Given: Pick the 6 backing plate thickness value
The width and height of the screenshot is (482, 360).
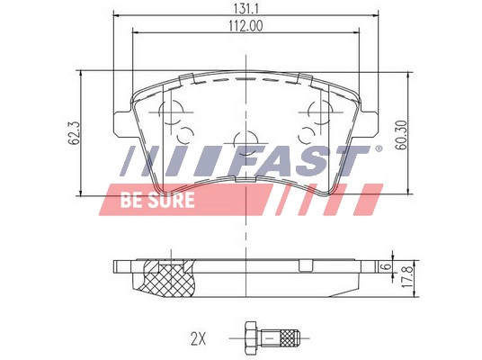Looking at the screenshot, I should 384,267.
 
